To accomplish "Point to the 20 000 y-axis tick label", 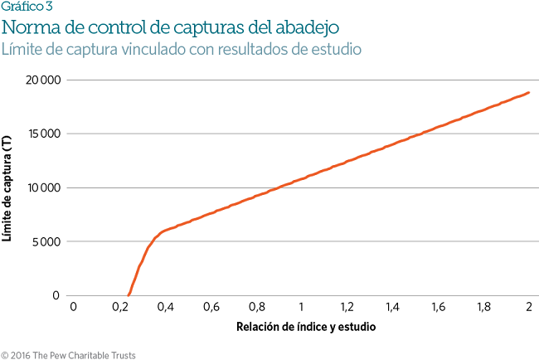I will click(41, 80).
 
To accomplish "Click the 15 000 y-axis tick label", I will click(41, 134).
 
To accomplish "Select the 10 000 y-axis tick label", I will click(41, 188).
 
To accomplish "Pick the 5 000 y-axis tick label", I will click(45, 242).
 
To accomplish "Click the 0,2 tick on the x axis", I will click(119, 308).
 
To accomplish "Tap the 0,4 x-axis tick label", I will click(164, 308).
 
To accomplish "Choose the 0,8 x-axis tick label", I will click(255, 308).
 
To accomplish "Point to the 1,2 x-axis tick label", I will click(347, 308).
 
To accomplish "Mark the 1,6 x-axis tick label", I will click(438, 308).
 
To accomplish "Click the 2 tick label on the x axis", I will click(528, 308).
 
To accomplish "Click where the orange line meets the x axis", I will click(129, 294).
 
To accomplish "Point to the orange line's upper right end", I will click(528, 92).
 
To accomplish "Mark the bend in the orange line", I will click(160, 233).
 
